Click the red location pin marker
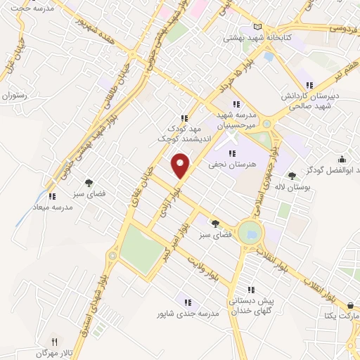coord(181,166)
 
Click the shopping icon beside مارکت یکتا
coord(350,306)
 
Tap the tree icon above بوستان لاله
coord(291,176)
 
